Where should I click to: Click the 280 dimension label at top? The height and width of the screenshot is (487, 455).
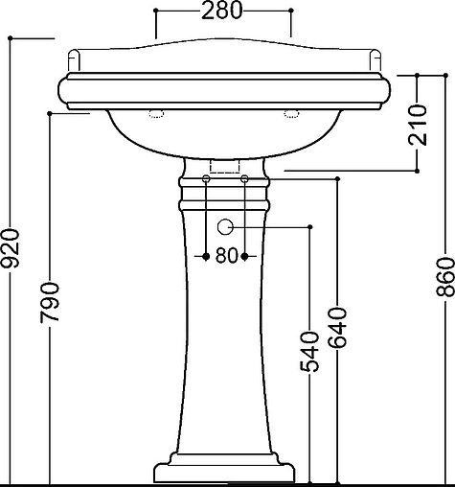tap(222, 11)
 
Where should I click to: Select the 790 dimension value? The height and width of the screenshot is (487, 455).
tap(50, 302)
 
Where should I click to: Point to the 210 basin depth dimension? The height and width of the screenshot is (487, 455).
tap(418, 125)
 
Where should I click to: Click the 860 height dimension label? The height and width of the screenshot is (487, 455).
tap(445, 276)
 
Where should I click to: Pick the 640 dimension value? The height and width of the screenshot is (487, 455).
tap(337, 327)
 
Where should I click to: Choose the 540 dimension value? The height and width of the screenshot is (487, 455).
tap(309, 352)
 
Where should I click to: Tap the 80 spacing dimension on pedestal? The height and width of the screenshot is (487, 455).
tap(226, 256)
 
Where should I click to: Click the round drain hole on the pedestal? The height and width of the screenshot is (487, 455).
tap(225, 227)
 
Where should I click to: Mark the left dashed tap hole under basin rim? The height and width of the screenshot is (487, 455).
tap(156, 113)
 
